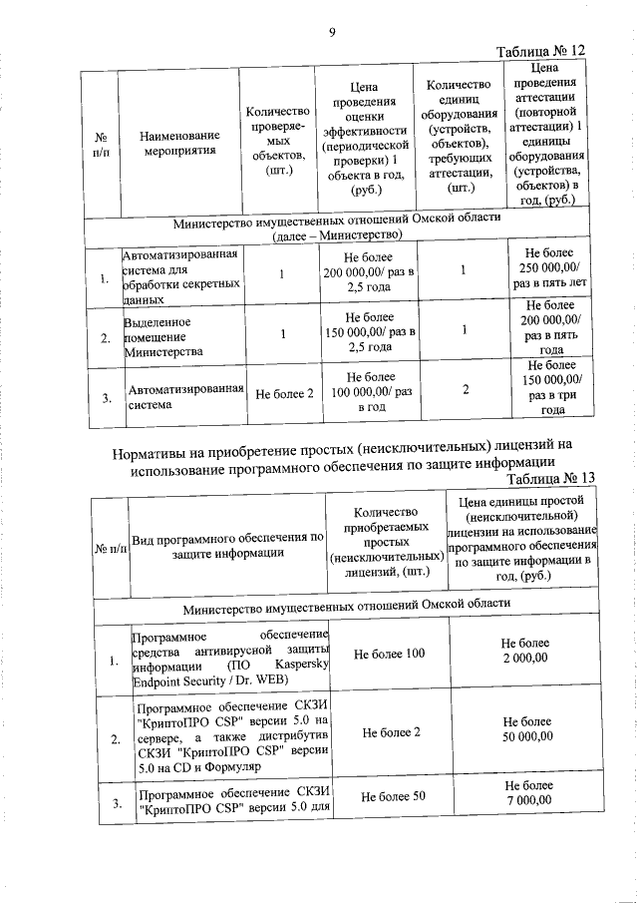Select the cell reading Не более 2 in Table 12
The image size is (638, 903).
(x=284, y=393)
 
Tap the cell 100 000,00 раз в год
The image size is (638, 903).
(x=368, y=392)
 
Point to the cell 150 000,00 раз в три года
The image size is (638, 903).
(x=551, y=392)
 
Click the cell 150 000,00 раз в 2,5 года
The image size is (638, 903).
(x=368, y=331)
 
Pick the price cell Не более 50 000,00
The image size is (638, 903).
(x=523, y=732)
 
